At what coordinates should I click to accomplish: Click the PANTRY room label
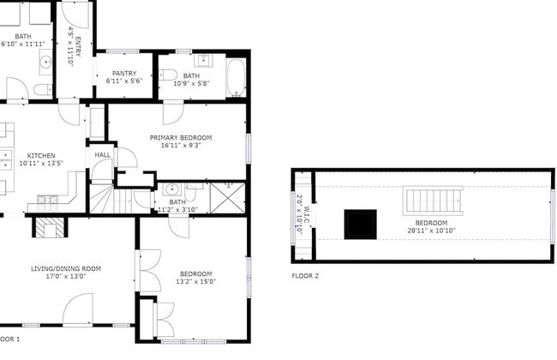[124, 74]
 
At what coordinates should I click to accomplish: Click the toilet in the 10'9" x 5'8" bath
[169, 75]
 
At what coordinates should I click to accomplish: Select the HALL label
[101, 155]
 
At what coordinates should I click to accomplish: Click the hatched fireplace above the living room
[49, 226]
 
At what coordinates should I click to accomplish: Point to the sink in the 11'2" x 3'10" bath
[171, 190]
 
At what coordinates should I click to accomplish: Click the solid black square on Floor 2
[360, 224]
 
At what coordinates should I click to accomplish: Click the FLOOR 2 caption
[304, 277]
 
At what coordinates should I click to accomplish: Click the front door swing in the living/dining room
[79, 309]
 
